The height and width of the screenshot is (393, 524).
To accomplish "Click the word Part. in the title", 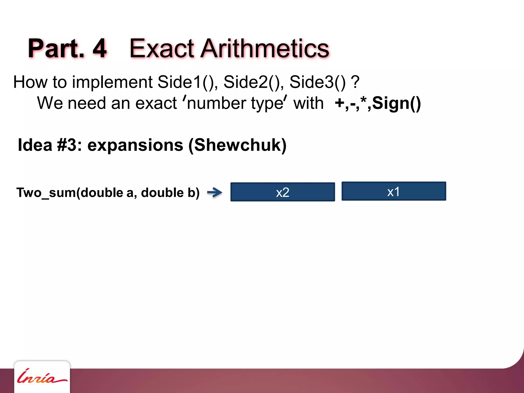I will pos(56,48).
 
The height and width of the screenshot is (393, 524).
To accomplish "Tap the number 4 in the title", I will pos(100,48).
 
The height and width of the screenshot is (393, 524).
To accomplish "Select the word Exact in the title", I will pos(162,48).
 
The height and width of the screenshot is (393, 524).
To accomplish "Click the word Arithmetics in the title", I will pos(265,48).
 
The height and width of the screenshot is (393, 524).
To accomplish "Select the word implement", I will pos(112,83).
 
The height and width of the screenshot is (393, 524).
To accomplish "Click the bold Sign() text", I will pos(396,103).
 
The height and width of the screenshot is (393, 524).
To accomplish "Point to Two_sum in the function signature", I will pos(46,193).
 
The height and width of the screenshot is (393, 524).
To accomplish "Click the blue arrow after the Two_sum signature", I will pos(214,192).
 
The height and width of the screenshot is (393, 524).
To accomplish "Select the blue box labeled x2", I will pos(282,192).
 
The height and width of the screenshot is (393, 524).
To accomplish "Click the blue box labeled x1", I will pos(394,191).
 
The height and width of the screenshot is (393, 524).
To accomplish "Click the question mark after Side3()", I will pos(355,82).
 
